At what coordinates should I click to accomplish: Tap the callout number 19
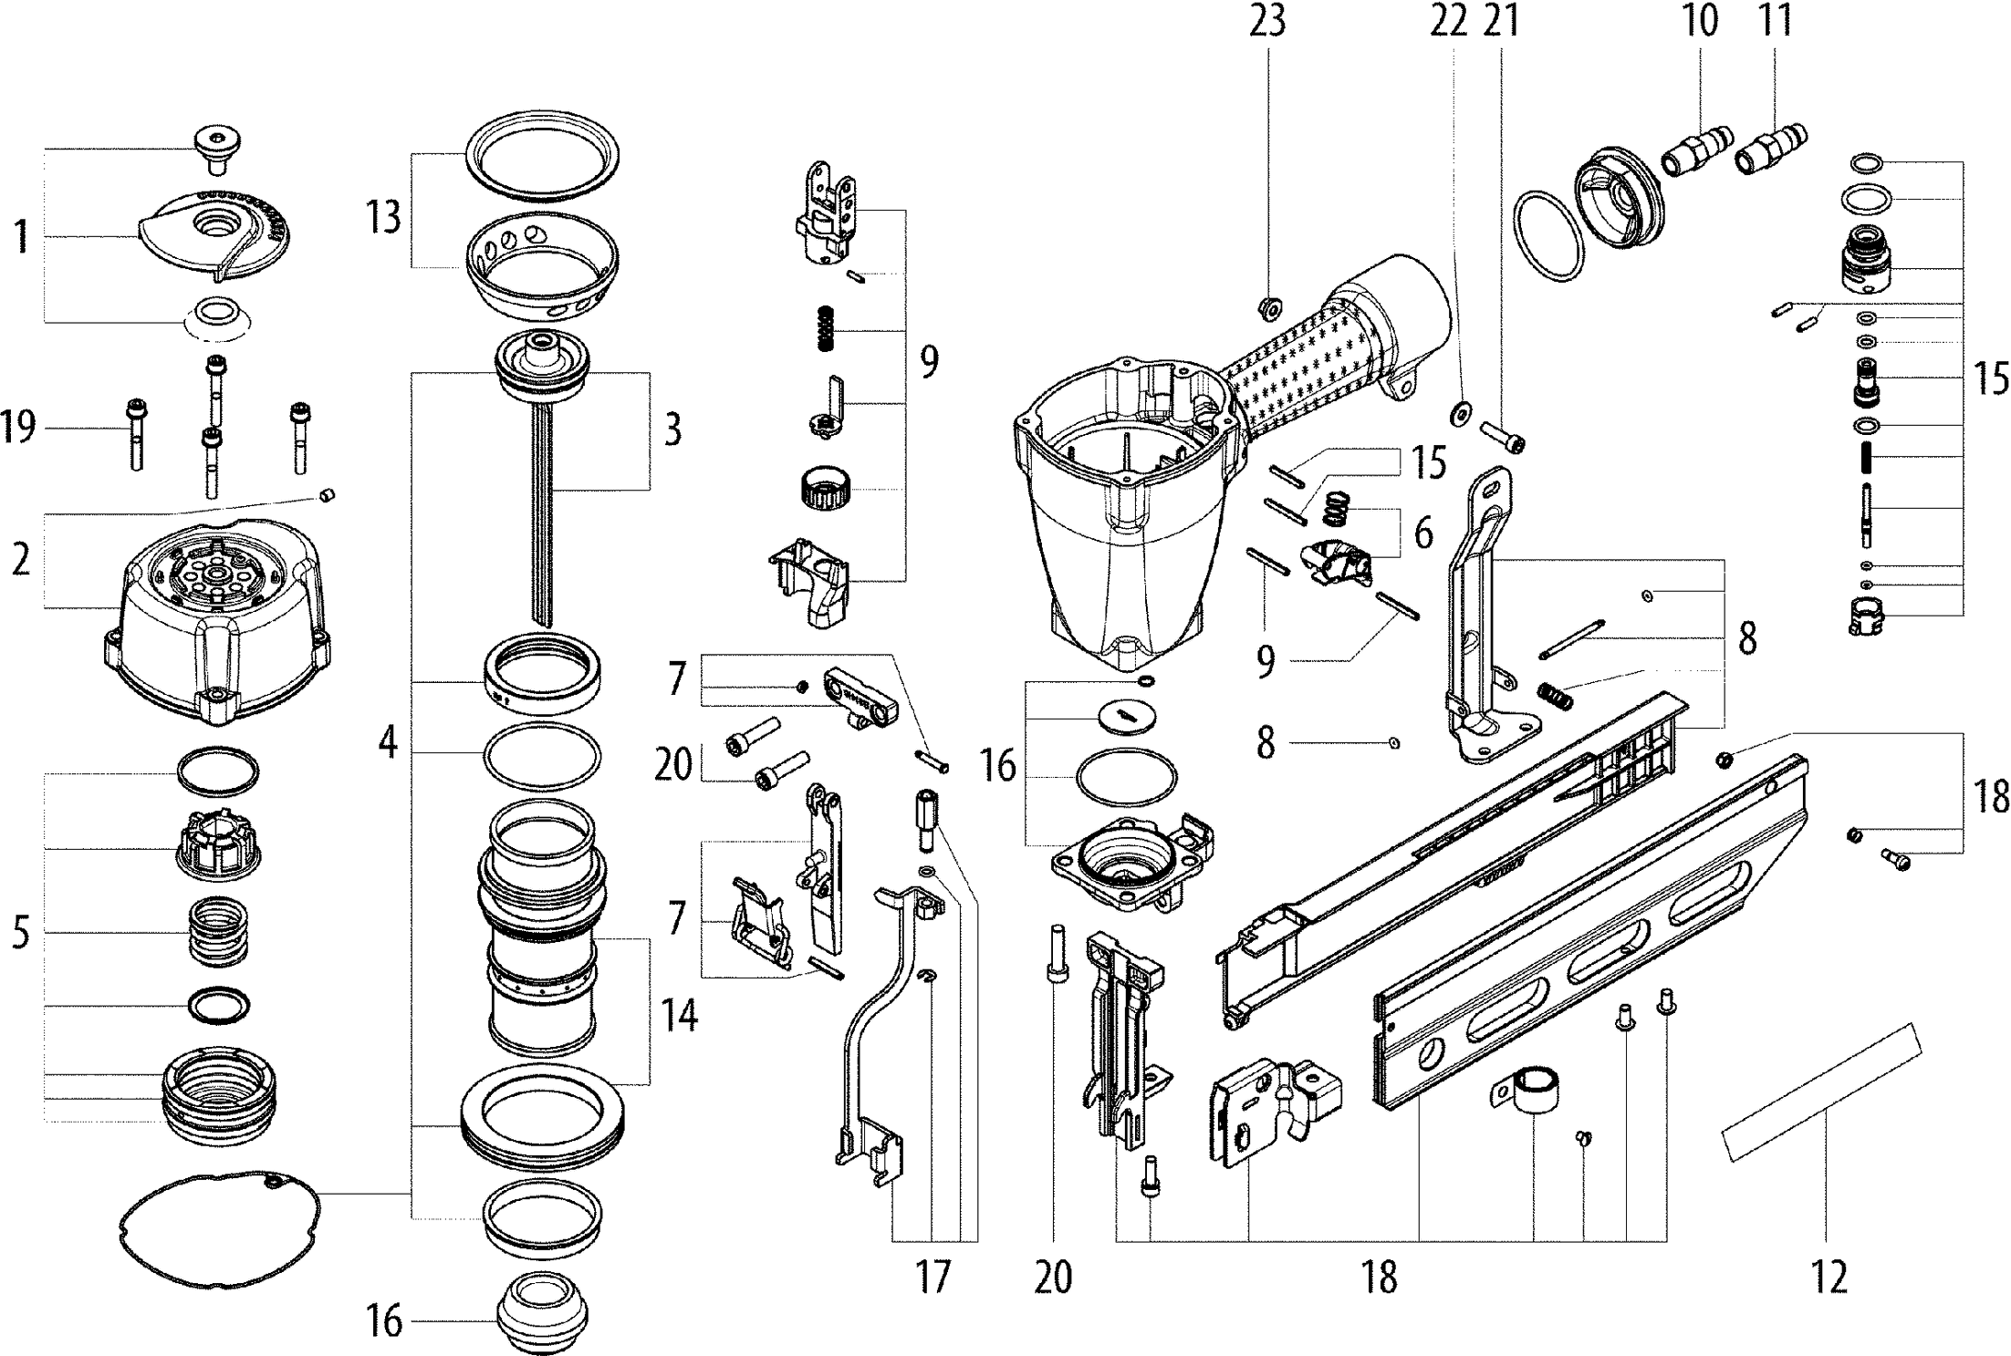tap(18, 426)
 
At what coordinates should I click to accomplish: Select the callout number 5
tap(20, 934)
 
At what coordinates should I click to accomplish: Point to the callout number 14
tap(681, 1014)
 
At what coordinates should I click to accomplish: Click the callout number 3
tap(672, 429)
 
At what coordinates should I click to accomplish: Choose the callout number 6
tap(1423, 533)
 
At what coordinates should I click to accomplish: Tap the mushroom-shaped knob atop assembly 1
tap(216, 150)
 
